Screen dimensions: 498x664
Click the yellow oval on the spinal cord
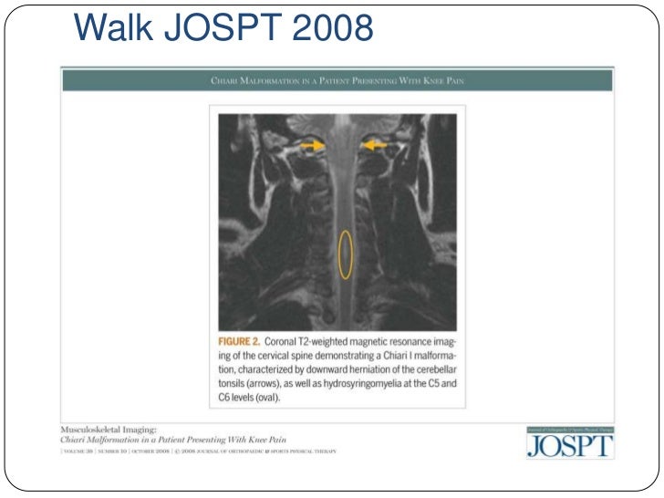pyautogui.click(x=346, y=253)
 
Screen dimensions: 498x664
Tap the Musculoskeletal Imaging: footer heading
pyautogui.click(x=106, y=428)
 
